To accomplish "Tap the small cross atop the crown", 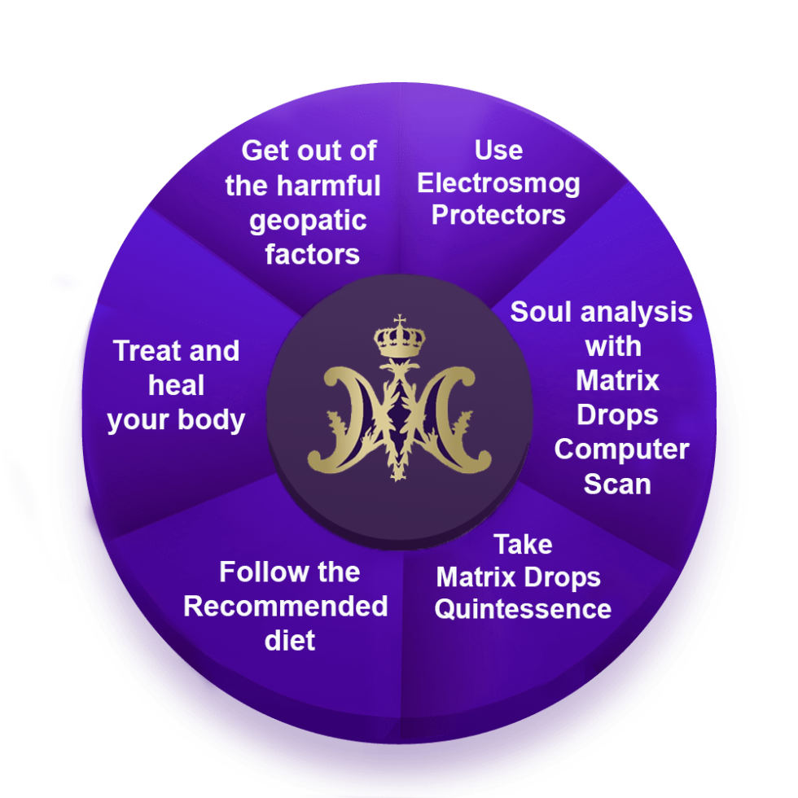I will click(399, 321).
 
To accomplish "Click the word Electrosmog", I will click(498, 183).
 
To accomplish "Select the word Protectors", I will click(498, 215).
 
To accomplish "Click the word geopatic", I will click(308, 221).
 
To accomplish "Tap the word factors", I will click(312, 254).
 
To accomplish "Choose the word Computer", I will click(621, 449).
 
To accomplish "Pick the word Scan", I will click(617, 484).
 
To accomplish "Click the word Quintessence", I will click(523, 608).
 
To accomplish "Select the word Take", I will click(523, 544).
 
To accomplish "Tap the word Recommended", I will click(285, 607).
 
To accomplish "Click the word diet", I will click(289, 640).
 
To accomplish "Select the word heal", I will click(177, 385).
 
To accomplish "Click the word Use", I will click(498, 150).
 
